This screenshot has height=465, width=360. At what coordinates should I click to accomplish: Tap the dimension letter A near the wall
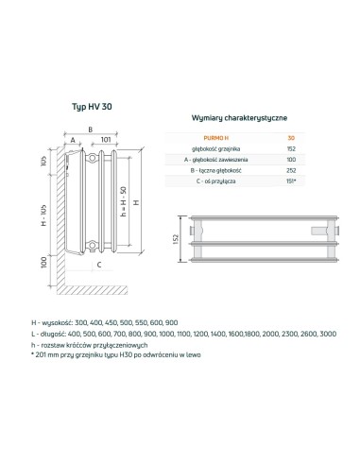point(72,138)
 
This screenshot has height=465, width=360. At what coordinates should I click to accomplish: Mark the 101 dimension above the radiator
point(107,138)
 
